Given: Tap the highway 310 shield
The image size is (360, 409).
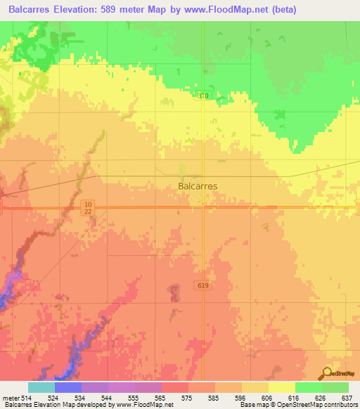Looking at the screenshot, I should point(203,96).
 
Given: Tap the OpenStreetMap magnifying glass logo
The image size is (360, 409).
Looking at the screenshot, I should point(326,373).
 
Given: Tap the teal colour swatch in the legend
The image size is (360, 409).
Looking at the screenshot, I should point(41,387).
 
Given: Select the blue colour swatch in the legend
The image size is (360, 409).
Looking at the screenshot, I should point(68,387).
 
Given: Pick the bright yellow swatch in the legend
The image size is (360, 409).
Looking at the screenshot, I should point(281,387).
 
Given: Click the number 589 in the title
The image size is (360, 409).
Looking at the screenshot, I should point(129,10).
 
